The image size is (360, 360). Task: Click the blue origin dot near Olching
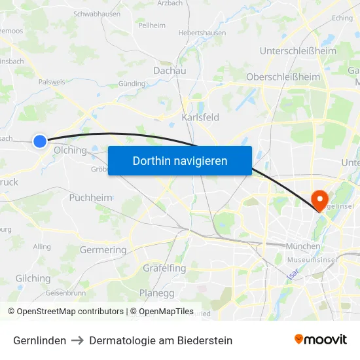(x=40, y=141)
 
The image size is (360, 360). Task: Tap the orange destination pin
(x=321, y=200)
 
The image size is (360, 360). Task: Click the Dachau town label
(x=170, y=71)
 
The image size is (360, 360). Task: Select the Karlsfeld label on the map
(x=200, y=118)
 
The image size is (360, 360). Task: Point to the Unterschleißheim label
(x=298, y=51)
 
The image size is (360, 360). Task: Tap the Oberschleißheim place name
(x=283, y=77)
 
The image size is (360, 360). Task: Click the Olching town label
(x=70, y=150)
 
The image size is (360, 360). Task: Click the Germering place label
(x=103, y=250)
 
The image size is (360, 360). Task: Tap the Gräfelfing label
(x=164, y=268)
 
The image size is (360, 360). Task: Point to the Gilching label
(x=33, y=278)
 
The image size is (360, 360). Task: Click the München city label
(x=303, y=246)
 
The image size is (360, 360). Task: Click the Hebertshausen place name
(x=202, y=33)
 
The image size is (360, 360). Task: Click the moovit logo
(x=321, y=340)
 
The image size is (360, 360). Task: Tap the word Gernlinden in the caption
(x=39, y=340)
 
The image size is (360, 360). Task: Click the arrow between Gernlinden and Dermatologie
(x=78, y=340)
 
